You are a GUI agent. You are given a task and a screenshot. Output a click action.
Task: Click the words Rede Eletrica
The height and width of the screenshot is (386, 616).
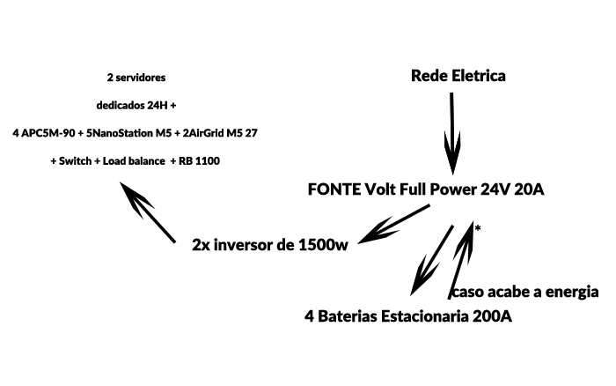pyautogui.click(x=458, y=76)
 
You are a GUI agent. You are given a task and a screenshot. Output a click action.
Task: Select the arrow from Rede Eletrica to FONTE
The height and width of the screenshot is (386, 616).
pyautogui.click(x=452, y=132)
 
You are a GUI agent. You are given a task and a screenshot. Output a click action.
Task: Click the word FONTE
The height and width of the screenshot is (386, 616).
pyautogui.click(x=334, y=189)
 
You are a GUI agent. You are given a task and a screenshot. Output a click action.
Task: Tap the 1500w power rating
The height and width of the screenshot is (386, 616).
pyautogui.click(x=324, y=244)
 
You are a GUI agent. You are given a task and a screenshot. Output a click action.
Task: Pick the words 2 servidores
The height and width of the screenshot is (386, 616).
pyautogui.click(x=136, y=77)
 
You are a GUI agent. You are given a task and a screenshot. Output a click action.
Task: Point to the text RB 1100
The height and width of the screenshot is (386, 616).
pyautogui.click(x=200, y=161)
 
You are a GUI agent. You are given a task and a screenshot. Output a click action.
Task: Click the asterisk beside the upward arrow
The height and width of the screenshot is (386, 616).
pyautogui.click(x=477, y=229)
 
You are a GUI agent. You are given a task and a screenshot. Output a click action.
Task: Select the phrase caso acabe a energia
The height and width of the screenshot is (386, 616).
pyautogui.click(x=524, y=293)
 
